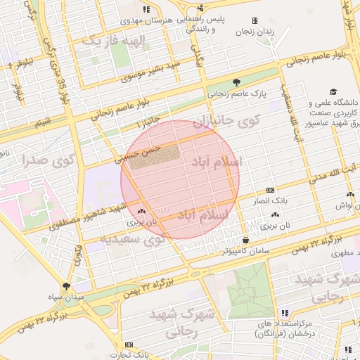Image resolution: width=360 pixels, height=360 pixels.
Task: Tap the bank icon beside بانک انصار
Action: (x=270, y=191)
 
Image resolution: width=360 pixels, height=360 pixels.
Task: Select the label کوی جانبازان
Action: (x=226, y=121)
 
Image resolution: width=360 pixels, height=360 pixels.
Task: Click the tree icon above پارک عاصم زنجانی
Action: (x=236, y=82)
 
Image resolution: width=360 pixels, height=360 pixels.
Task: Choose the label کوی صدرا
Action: (x=48, y=159)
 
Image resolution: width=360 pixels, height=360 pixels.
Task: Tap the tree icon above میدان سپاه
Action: (x=66, y=286)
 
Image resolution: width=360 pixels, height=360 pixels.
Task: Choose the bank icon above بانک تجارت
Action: (x=129, y=345)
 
